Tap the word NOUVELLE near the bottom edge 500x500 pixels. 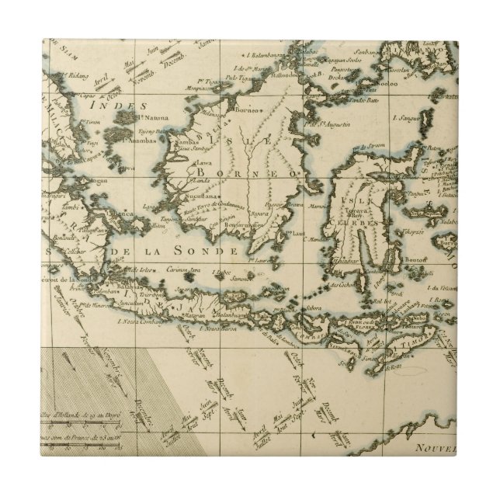[465, 470]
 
